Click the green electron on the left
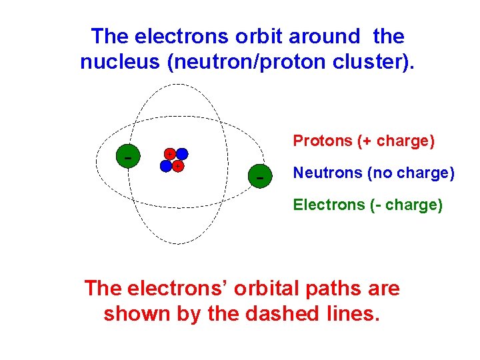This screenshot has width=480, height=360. tap(127, 157)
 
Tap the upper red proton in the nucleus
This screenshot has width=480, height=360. tap(171, 154)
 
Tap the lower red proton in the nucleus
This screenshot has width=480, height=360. tap(177, 166)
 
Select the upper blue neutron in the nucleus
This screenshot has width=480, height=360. tap(182, 154)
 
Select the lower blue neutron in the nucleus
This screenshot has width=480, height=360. tap(165, 166)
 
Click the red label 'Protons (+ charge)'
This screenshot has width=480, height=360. tap(364, 141)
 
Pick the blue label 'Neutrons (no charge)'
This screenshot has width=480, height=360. tap(373, 173)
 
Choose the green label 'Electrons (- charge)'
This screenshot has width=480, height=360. tap(367, 205)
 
